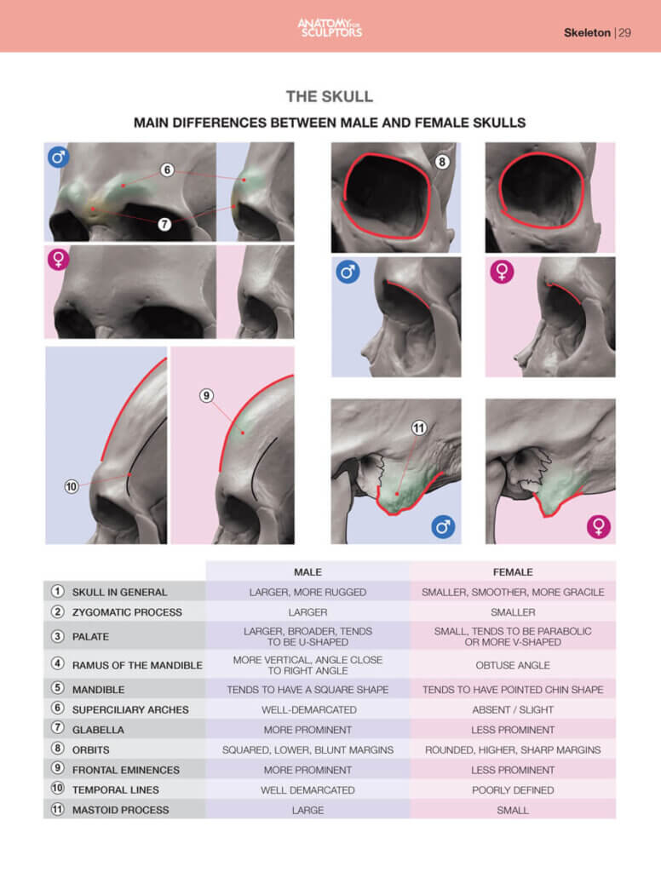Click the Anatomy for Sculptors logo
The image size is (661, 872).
pos(330,27)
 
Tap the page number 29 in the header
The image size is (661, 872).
pos(624,33)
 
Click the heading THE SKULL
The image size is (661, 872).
pos(330,96)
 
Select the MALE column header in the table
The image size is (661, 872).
pos(308,572)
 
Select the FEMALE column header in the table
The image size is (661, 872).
pos(513,572)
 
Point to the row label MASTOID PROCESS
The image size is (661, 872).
pos(120,810)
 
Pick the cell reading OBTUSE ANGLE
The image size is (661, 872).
pos(513,665)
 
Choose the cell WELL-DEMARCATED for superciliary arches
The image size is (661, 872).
pos(308,709)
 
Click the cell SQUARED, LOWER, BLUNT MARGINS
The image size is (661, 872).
pos(308,750)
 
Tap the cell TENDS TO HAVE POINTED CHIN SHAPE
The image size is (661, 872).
pos(513,690)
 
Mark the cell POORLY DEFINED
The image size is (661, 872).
pos(513,790)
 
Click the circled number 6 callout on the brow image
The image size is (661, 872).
pos(167,170)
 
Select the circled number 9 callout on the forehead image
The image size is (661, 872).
pos(206,395)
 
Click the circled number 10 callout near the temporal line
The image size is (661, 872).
pos(72,487)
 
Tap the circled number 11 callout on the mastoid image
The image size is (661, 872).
pos(418,428)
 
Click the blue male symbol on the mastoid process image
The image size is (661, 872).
pos(443,526)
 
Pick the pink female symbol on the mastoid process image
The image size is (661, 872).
pos(599,526)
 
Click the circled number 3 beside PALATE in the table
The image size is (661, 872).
pos(57,635)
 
